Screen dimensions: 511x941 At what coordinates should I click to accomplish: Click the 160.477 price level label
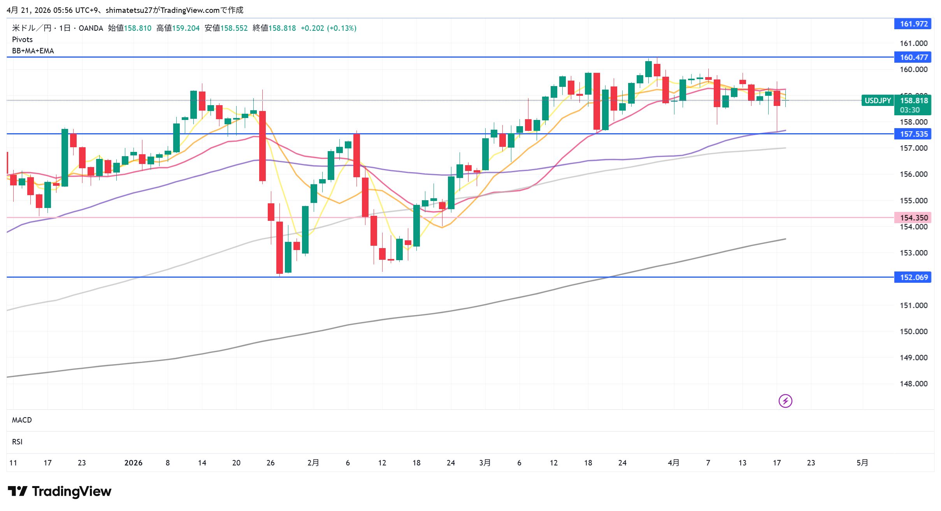pyautogui.click(x=913, y=57)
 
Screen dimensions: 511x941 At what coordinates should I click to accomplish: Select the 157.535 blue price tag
pyautogui.click(x=913, y=134)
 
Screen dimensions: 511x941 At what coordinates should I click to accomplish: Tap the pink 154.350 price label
pyautogui.click(x=913, y=217)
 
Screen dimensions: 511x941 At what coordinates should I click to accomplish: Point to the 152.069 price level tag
pyautogui.click(x=913, y=277)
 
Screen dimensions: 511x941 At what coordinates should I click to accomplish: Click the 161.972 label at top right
pyautogui.click(x=913, y=24)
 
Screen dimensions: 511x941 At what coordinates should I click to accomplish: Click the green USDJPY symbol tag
pyautogui.click(x=878, y=100)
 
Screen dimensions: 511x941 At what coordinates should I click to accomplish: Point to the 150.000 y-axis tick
pyautogui.click(x=913, y=331)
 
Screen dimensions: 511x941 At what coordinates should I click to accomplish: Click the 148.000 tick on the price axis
pyautogui.click(x=913, y=384)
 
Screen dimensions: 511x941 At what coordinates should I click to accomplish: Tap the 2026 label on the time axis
pyautogui.click(x=133, y=463)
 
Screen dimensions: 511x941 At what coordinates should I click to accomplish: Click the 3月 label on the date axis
pyautogui.click(x=485, y=463)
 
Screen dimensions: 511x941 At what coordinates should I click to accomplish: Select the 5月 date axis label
pyautogui.click(x=862, y=463)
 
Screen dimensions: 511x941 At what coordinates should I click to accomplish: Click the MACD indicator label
pyautogui.click(x=22, y=420)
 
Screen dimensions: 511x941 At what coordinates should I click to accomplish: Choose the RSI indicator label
pyautogui.click(x=17, y=442)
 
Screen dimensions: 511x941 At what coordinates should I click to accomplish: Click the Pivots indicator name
pyautogui.click(x=22, y=39)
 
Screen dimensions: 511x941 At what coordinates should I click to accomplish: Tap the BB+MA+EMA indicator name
pyautogui.click(x=33, y=51)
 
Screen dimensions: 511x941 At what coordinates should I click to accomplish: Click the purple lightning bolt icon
pyautogui.click(x=785, y=401)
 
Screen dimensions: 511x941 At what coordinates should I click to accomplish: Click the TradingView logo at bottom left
pyautogui.click(x=60, y=491)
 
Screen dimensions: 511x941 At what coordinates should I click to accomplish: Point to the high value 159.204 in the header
pyautogui.click(x=186, y=28)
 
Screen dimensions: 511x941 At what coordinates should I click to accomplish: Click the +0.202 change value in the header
pyautogui.click(x=312, y=28)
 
